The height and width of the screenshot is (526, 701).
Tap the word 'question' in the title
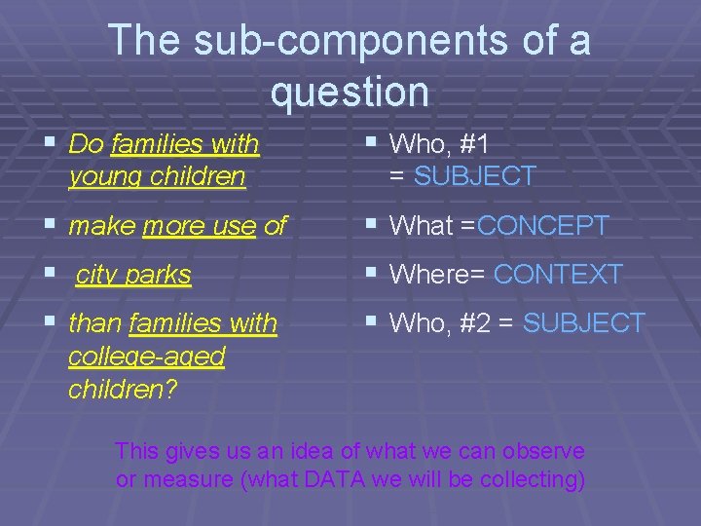click(x=350, y=93)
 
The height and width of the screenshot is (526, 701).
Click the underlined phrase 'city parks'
click(x=133, y=276)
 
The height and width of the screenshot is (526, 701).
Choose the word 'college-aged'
click(x=146, y=357)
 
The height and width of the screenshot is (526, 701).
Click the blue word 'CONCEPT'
click(x=542, y=226)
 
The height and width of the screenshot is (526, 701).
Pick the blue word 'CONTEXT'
click(x=557, y=276)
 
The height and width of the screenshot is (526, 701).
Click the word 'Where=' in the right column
click(x=437, y=276)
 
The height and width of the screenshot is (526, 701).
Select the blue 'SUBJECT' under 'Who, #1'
click(x=474, y=176)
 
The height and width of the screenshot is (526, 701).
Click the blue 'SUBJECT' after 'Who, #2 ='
click(x=583, y=323)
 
